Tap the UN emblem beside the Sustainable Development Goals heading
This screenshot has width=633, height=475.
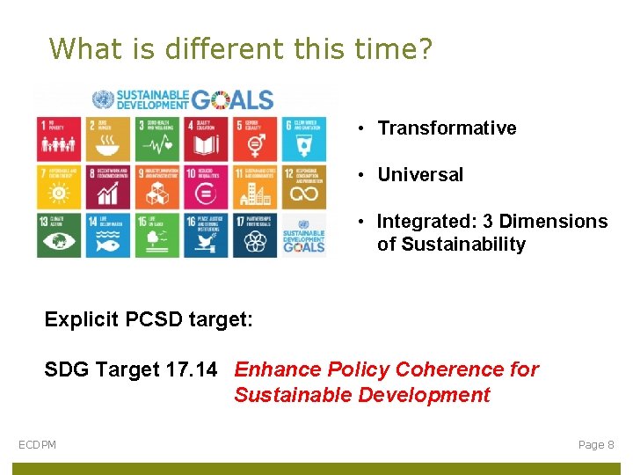[x=103, y=99]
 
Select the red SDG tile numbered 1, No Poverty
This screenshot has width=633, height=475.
[x=59, y=138]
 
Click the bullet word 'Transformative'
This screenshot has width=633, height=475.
[x=447, y=128]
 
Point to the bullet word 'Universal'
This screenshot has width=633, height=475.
[x=420, y=175]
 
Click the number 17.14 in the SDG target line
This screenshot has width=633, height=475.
[x=191, y=370]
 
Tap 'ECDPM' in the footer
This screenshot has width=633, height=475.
[x=38, y=445]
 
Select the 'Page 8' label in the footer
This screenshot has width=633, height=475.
[x=596, y=445]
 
